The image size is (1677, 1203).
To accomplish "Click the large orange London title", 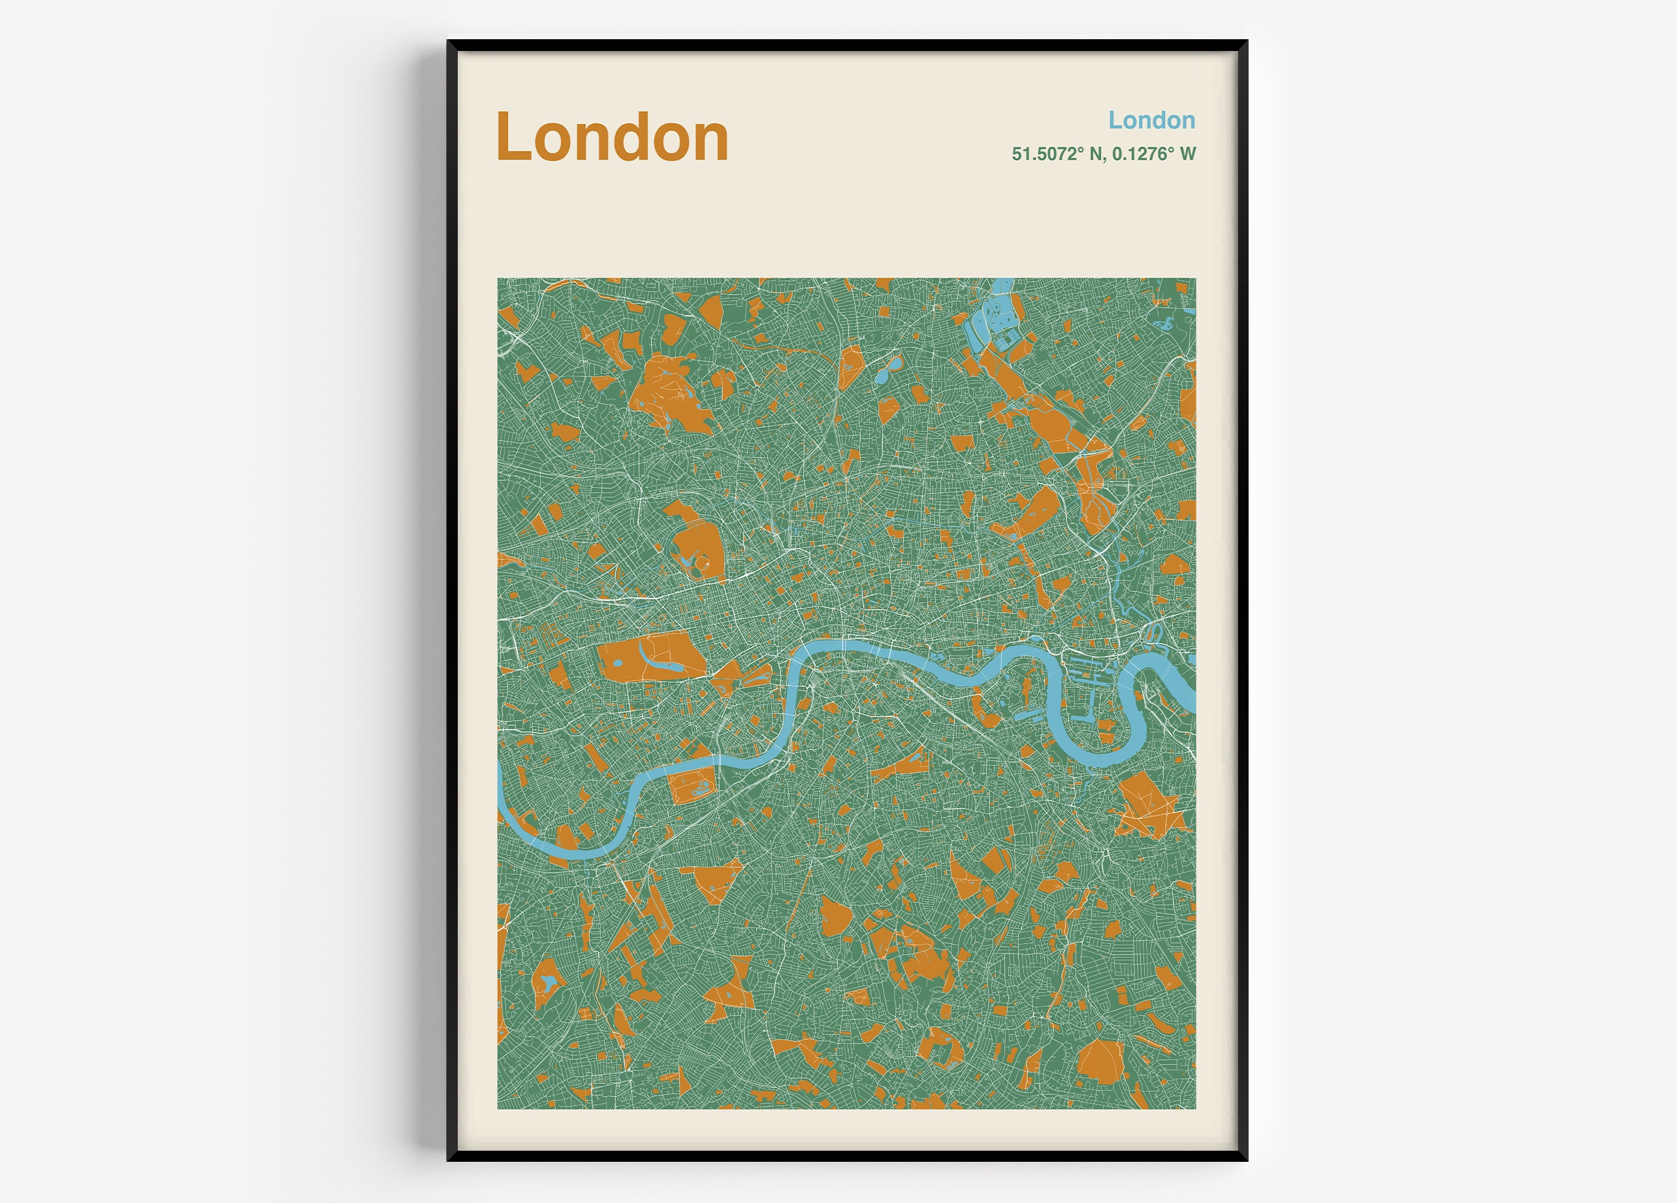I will point(613,138).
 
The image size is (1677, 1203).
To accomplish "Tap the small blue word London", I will point(1151,120).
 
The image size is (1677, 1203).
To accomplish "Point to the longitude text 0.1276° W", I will point(1154,154).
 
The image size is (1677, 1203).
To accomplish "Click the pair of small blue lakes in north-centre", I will point(887,370).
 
